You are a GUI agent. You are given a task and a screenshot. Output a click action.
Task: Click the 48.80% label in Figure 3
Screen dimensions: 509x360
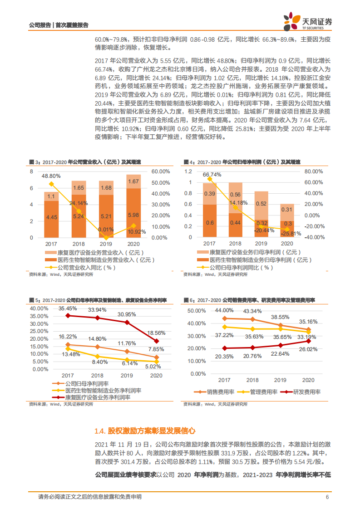click(x=51, y=176)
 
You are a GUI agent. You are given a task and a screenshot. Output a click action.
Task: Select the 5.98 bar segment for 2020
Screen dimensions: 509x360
click(x=133, y=215)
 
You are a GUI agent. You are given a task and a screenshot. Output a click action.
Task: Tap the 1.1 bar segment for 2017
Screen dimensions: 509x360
click(x=51, y=196)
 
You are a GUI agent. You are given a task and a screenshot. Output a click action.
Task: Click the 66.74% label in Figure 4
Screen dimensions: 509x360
click(x=212, y=175)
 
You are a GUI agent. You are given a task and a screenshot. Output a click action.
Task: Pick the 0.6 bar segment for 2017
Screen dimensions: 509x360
click(x=210, y=222)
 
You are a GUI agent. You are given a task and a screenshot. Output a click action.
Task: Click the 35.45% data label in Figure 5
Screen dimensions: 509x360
click(x=68, y=308)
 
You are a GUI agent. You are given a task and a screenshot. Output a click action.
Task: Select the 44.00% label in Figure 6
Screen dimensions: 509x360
click(x=224, y=310)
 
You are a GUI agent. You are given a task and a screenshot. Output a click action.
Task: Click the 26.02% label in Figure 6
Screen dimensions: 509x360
click(x=309, y=349)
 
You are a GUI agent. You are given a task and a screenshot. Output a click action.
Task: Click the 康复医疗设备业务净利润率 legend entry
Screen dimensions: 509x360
click(x=93, y=397)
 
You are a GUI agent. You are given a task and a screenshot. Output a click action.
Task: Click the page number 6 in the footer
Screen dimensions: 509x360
click(x=327, y=497)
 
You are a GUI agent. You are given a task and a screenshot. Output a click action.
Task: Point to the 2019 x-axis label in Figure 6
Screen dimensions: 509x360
click(x=281, y=380)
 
